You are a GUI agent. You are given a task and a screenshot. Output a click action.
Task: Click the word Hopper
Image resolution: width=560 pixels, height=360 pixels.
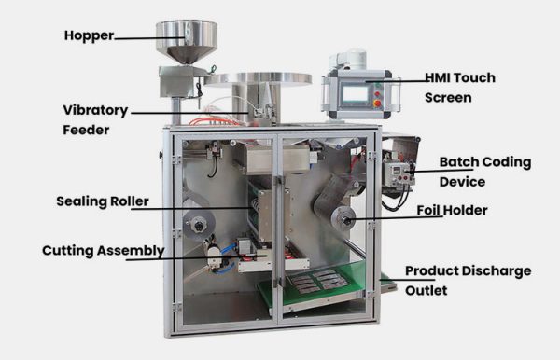[x=89, y=36]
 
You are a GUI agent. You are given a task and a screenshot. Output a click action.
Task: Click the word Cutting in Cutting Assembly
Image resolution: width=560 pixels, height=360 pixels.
[x=68, y=251]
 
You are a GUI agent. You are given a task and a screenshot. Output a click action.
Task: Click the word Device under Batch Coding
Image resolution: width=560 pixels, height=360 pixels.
[x=462, y=181]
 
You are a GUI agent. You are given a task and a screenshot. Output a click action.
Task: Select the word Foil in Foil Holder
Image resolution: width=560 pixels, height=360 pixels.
[x=428, y=211]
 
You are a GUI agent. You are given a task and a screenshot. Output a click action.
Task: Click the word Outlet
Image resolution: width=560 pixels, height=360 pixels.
[x=426, y=291]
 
